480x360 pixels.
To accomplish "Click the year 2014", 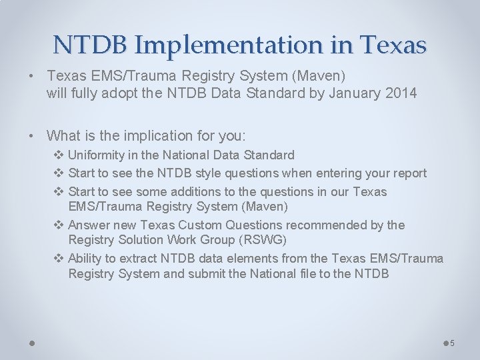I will pos(401,93).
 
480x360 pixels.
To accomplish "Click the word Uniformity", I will pos(99,155).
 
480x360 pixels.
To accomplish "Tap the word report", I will pos(409,173).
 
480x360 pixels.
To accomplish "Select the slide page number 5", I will pos(452,343).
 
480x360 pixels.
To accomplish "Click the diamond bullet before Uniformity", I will pos(58,155).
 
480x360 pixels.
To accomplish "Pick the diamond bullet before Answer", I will pos(58,225).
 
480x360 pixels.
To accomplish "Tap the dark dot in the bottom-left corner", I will pos(32,343).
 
